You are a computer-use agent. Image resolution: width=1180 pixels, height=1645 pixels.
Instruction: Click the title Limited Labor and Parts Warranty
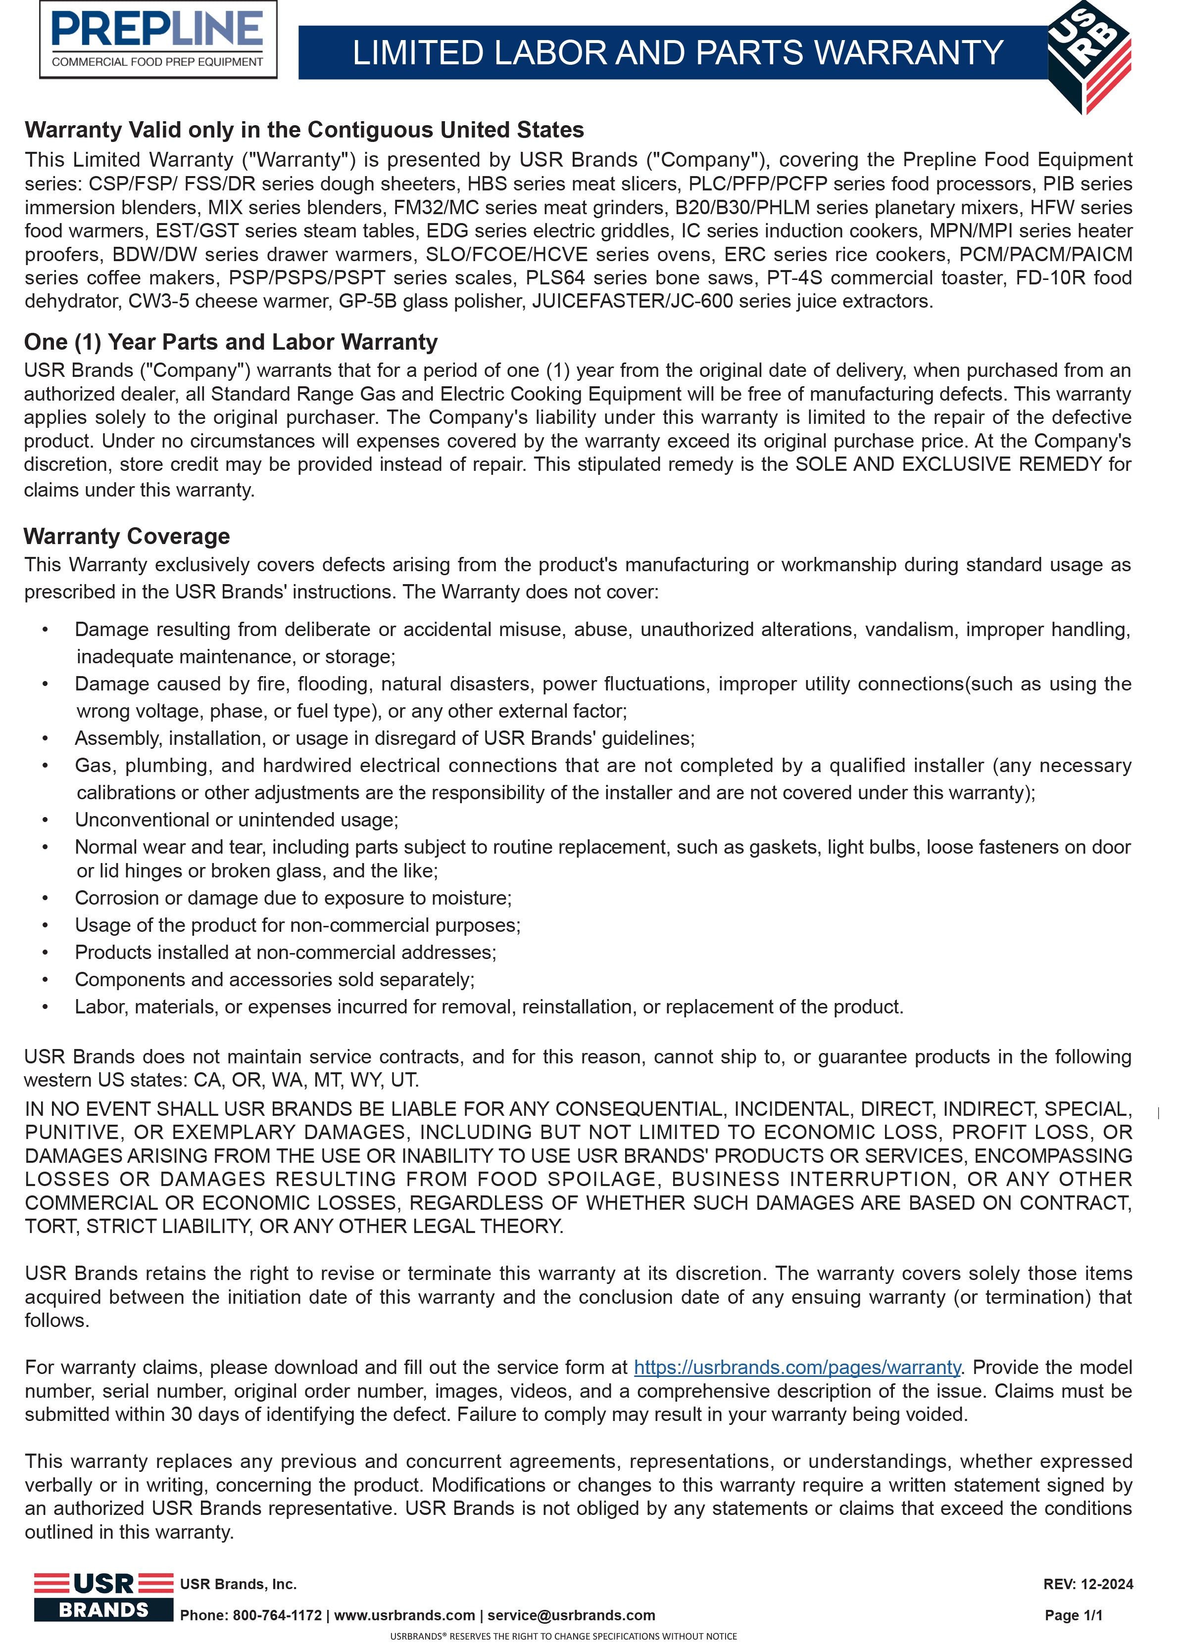click(677, 53)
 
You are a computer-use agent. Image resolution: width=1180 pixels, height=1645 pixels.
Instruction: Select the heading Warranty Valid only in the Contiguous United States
click(304, 130)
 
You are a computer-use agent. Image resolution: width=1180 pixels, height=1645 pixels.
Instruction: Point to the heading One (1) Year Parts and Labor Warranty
click(231, 342)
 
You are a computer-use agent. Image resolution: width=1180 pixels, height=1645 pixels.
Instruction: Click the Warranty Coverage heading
click(127, 536)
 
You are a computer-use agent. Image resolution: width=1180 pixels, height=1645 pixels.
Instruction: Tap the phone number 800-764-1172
click(277, 1615)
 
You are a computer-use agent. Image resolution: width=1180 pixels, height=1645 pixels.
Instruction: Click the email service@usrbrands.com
click(571, 1615)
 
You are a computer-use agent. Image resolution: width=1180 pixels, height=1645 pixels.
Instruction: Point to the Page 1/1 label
click(1073, 1615)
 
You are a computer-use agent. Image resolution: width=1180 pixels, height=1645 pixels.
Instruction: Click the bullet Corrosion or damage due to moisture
click(293, 898)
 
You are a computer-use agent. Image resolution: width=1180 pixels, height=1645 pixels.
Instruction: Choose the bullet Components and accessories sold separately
click(274, 979)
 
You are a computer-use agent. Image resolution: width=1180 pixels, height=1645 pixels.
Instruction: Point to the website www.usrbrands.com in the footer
click(404, 1615)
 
